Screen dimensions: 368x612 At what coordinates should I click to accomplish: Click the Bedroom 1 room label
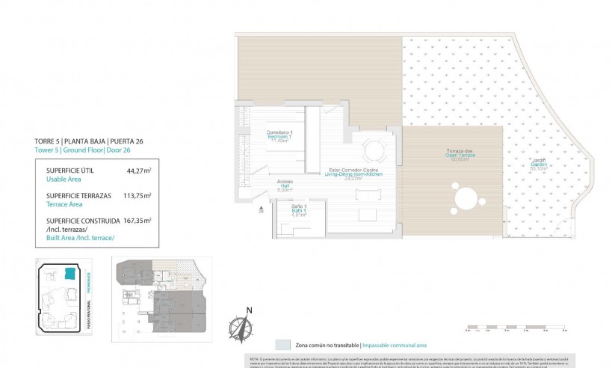pos(280,137)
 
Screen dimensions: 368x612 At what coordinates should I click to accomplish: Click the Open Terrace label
pos(447,156)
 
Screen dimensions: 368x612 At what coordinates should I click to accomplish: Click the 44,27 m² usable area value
pos(137,171)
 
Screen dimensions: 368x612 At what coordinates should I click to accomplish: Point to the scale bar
pos(516,326)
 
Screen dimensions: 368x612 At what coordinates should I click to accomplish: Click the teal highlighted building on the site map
pos(71,274)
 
